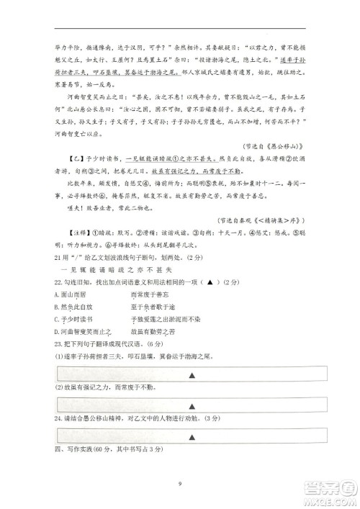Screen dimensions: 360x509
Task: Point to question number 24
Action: pyautogui.click(x=57, y=417)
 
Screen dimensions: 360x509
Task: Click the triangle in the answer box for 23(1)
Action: pyautogui.click(x=192, y=375)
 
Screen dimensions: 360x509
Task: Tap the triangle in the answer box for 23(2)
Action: pyautogui.click(x=192, y=404)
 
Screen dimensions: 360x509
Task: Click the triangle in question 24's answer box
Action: pyautogui.click(x=192, y=436)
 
